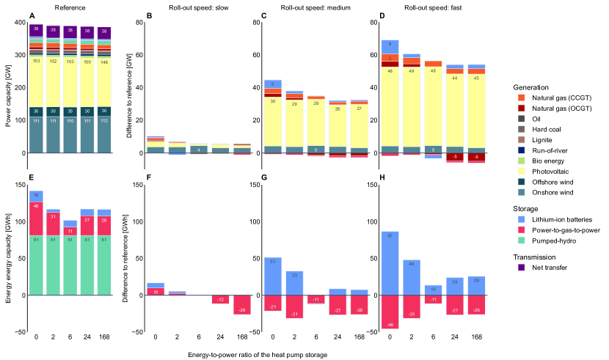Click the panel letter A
pos(32,15)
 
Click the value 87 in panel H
pos(390,235)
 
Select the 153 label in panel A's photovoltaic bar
pos(36,61)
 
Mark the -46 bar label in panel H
pos(390,323)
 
